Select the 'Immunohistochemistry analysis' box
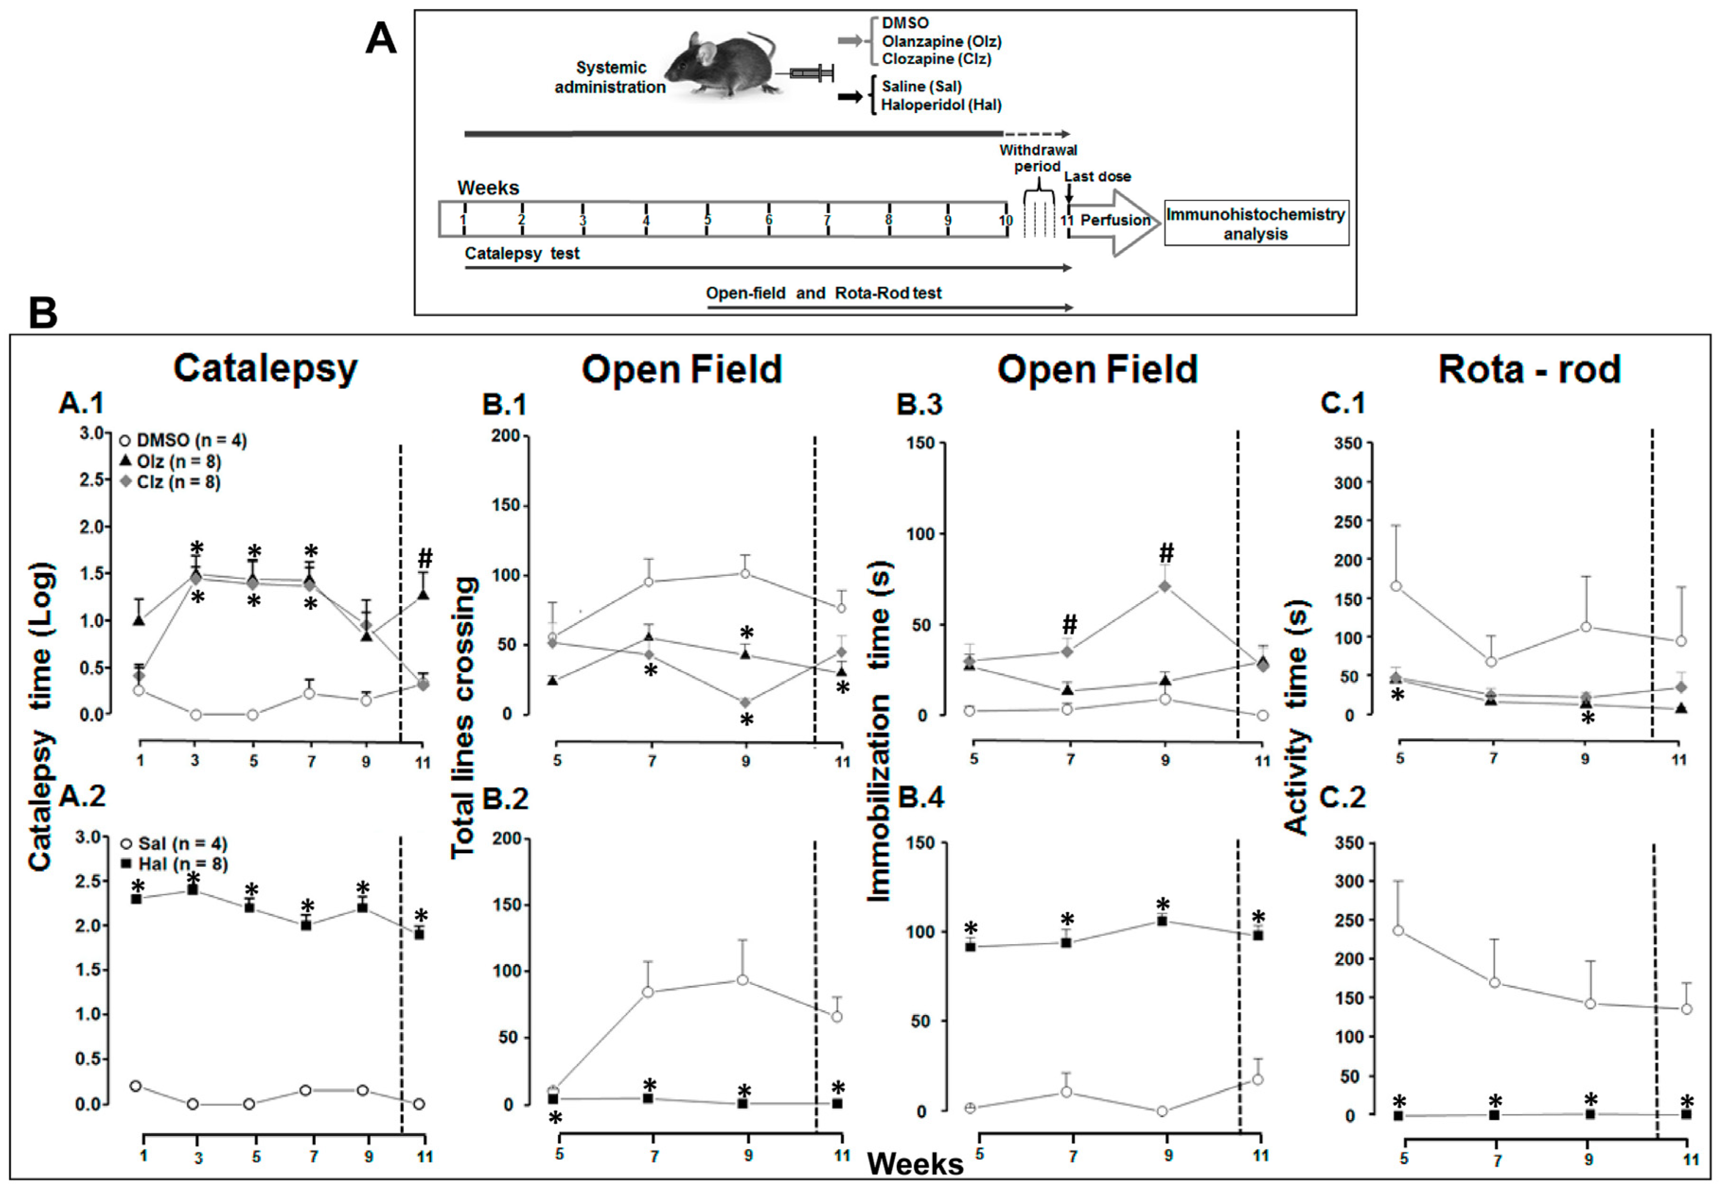click(1256, 224)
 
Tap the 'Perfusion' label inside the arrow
click(1115, 220)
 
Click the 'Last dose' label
click(1097, 176)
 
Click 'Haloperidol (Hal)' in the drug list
click(941, 105)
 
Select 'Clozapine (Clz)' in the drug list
click(936, 59)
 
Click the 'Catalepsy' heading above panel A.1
click(265, 368)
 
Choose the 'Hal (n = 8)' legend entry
click(182, 864)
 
